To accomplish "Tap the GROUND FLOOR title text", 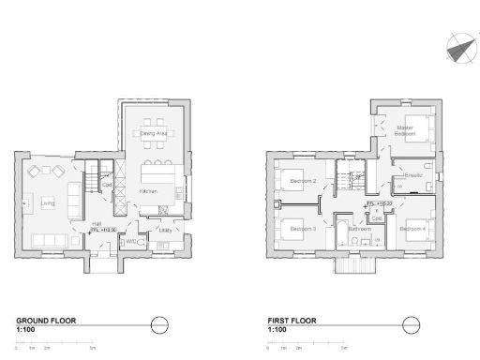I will (46, 321).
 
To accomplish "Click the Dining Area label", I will (154, 134).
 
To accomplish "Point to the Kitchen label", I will (149, 191).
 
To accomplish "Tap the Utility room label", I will (164, 230).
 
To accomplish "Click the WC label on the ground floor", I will (131, 241).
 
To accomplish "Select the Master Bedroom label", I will (405, 132).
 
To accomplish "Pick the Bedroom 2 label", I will (302, 180).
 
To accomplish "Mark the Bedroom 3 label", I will (302, 230).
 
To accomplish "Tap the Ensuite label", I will (413, 176).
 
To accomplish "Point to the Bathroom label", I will (360, 230).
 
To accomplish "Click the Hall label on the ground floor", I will (97, 223).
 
